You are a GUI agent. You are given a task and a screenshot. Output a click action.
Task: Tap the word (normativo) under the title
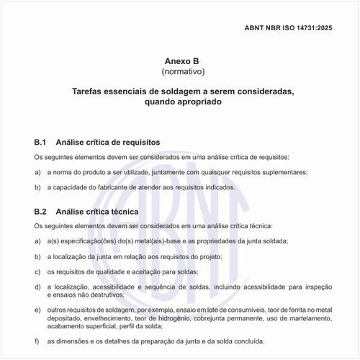click(179, 72)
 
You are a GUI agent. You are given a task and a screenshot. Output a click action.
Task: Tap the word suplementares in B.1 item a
click(281, 172)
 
